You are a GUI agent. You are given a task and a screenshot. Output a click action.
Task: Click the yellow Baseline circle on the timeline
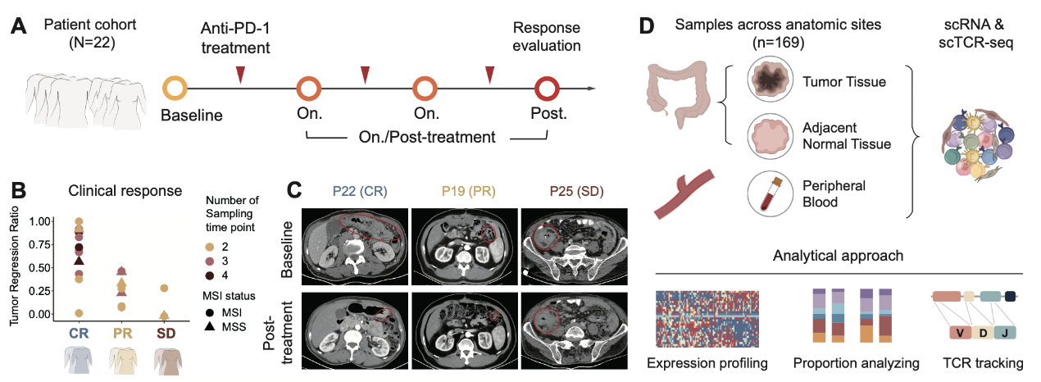point(176,88)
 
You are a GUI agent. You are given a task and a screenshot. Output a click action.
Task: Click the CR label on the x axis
point(79,335)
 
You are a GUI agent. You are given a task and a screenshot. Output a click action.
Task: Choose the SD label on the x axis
point(165,335)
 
